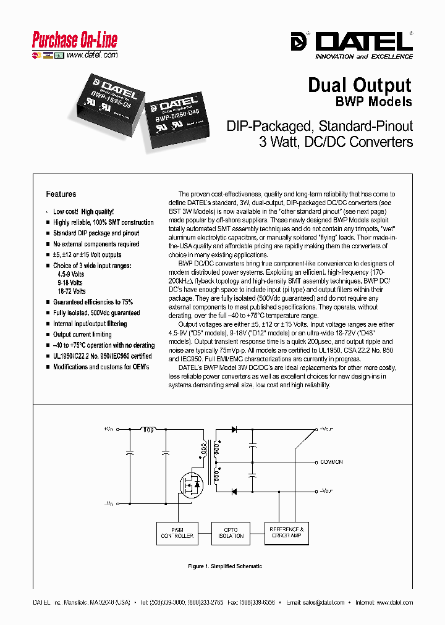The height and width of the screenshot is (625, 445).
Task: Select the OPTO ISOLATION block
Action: tap(230, 532)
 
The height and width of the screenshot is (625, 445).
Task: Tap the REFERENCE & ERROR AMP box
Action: tap(285, 532)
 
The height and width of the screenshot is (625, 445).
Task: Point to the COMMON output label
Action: tap(331, 462)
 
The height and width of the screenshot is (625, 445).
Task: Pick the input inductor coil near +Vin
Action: tap(149, 428)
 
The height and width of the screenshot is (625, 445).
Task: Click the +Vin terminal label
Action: tap(109, 429)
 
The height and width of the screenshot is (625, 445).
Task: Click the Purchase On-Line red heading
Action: tap(74, 41)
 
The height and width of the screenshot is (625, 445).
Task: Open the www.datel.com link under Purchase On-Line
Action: tap(91, 55)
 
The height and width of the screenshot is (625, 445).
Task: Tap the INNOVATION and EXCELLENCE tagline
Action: tap(364, 56)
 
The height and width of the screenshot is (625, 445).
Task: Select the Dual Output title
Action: tap(360, 85)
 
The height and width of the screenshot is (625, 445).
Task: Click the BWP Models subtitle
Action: tap(373, 101)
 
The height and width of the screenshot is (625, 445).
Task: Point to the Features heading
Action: tap(61, 194)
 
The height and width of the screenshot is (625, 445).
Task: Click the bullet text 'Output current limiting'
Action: tap(82, 334)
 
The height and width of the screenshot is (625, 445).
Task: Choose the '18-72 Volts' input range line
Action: tap(71, 291)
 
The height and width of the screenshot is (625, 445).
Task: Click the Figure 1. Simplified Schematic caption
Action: tap(225, 566)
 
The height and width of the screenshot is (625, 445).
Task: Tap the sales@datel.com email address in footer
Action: tap(324, 602)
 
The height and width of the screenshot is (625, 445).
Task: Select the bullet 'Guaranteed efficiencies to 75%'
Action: tap(93, 302)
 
